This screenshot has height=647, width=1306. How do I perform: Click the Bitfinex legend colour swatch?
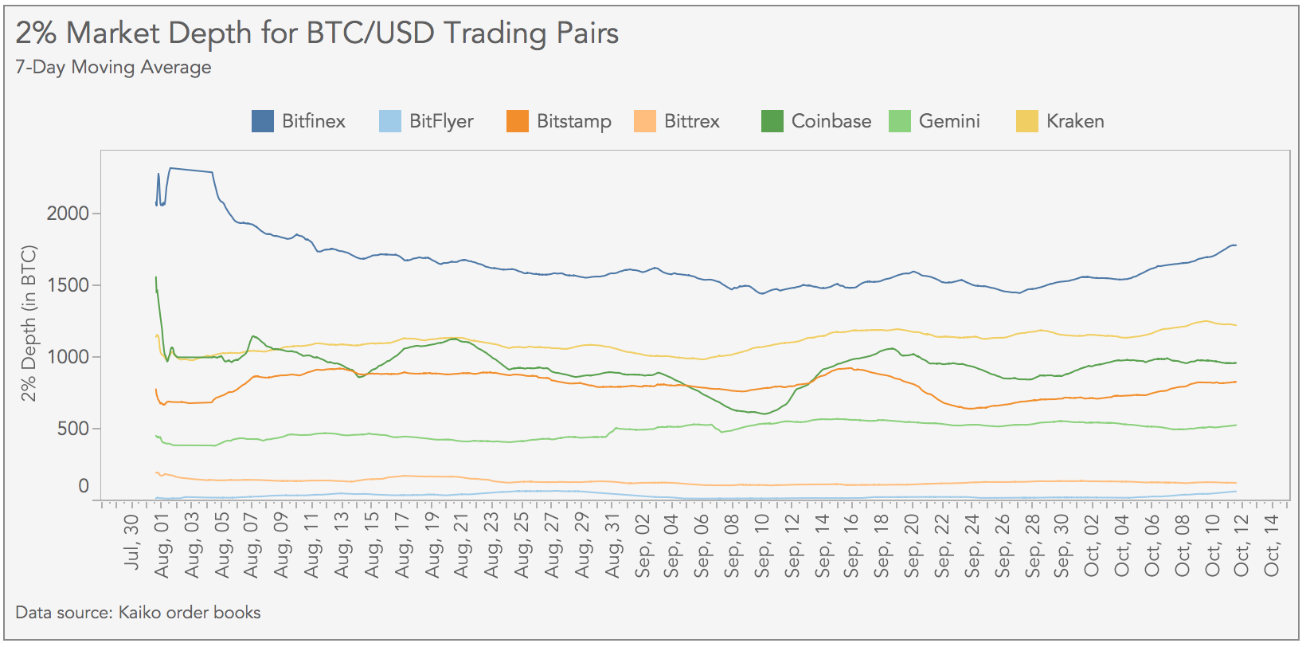(263, 121)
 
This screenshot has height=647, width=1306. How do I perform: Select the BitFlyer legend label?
(441, 121)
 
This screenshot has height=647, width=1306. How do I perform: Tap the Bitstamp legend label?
(573, 121)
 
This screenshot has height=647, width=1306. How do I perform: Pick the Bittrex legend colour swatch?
(645, 121)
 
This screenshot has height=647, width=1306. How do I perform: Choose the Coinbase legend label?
(831, 121)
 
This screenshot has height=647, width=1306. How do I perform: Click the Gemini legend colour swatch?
(900, 121)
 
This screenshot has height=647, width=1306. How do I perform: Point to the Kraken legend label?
(1075, 121)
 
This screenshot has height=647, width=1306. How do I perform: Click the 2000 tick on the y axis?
(68, 214)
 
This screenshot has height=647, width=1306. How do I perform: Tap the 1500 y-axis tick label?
(68, 285)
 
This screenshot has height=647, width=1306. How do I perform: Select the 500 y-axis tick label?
(73, 429)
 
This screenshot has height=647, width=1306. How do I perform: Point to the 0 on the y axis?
(84, 486)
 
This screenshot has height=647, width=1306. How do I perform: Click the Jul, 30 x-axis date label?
(132, 542)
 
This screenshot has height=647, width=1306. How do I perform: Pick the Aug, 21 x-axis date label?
(463, 545)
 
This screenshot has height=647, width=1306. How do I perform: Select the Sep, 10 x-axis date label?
(763, 545)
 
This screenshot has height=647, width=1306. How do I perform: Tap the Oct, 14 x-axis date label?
(1273, 545)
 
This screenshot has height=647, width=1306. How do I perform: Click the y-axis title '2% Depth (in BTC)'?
(29, 323)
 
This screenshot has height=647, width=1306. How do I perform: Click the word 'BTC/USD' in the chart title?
(370, 33)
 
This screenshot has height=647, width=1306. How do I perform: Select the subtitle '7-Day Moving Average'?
(113, 67)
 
